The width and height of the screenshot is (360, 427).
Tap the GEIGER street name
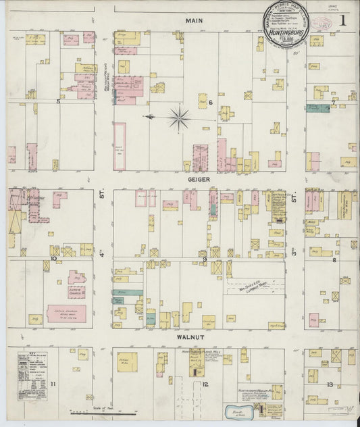pos(200,180)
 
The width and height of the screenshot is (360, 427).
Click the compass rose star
pos(180,118)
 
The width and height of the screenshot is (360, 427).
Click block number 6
pos(210,103)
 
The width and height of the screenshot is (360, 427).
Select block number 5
pos(58,102)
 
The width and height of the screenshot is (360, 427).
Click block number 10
pos(53,258)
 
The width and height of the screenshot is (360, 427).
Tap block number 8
pos(333,259)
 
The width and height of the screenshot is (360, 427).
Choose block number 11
pos(52,384)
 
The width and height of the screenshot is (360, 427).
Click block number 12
pos(204,384)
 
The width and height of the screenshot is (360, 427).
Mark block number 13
pos(329,384)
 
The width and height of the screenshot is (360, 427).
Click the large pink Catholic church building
pos(66,313)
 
